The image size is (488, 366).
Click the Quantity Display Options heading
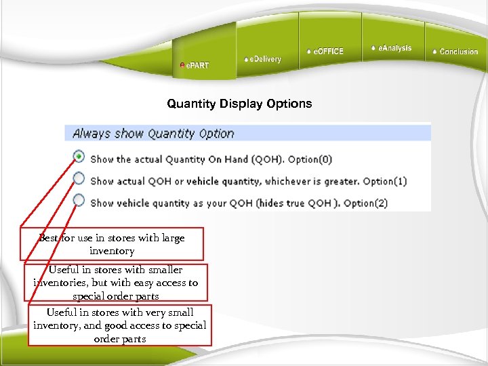(239, 104)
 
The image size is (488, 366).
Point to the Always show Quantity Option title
(153, 134)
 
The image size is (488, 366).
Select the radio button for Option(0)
(79, 157)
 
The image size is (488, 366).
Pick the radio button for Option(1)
(79, 178)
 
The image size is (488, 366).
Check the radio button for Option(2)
(79, 200)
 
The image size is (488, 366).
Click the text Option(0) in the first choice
(310, 160)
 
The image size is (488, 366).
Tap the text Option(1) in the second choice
(385, 182)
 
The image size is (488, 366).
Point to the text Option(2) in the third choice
(365, 203)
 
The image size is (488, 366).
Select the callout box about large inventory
(112, 245)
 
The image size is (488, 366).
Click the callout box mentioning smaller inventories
(116, 283)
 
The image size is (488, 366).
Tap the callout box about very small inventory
(120, 325)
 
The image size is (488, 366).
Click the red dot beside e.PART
(182, 66)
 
